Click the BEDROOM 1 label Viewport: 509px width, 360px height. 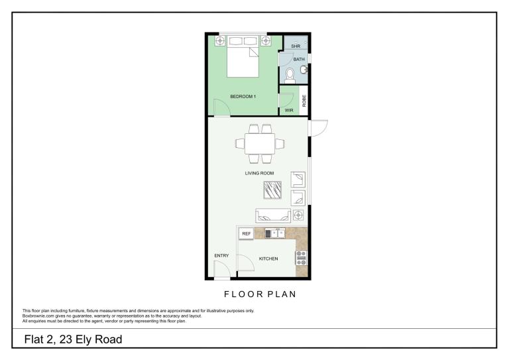243,96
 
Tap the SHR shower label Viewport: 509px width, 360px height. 296,46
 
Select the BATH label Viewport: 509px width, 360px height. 299,60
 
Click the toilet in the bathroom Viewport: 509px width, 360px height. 290,76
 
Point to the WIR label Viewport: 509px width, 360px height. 289,110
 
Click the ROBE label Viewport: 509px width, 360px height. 304,101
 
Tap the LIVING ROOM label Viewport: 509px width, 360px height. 259,173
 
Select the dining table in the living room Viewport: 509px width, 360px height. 260,144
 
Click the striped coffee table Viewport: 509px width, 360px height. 272,190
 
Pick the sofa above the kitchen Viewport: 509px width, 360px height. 273,215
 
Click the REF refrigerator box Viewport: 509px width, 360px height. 247,234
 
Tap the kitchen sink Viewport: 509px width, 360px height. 275,233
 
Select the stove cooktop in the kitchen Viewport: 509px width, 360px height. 302,258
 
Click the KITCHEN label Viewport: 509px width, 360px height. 268,259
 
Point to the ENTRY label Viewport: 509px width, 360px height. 222,256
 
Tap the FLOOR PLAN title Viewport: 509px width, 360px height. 260,294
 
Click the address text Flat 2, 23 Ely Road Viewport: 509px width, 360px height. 74,339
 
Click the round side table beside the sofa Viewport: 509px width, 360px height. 298,215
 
